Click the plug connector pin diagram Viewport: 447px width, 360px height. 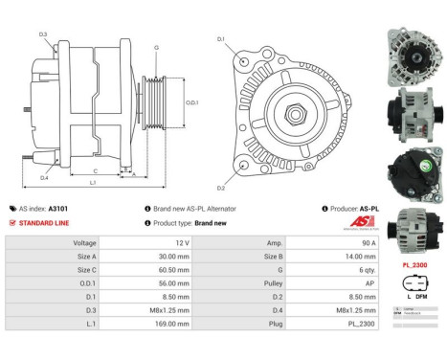click(412, 287)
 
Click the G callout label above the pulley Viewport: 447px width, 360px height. click(156, 46)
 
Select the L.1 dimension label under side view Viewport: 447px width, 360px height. click(93, 181)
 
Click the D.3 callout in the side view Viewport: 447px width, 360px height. click(44, 34)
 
